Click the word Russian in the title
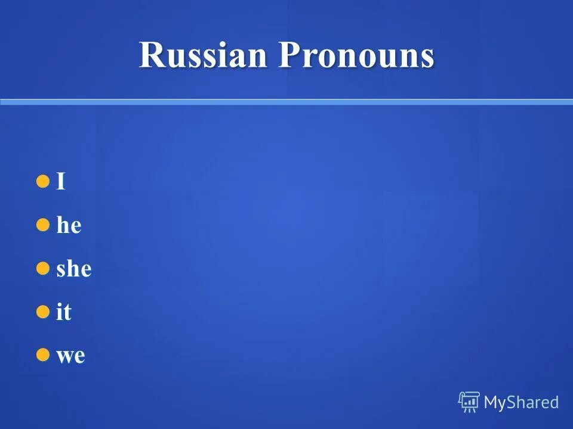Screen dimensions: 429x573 tap(203, 56)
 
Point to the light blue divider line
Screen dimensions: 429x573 tap(286, 102)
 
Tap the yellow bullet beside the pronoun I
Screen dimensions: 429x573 tap(42, 181)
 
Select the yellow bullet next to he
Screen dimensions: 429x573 tap(42, 225)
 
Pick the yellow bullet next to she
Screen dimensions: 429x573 tap(42, 268)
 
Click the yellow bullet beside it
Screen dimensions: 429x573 tap(42, 312)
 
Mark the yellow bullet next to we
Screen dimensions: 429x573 tap(42, 355)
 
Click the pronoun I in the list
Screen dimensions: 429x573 tap(60, 182)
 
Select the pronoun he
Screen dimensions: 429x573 tap(69, 226)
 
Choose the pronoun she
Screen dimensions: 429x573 tap(73, 269)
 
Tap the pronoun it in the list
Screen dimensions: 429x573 tap(63, 313)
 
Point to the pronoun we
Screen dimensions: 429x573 tap(70, 357)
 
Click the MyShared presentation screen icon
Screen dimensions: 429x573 tap(469, 402)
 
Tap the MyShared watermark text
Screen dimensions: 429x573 tap(521, 403)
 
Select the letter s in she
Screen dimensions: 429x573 tap(60, 271)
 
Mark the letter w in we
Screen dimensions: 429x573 tap(64, 357)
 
